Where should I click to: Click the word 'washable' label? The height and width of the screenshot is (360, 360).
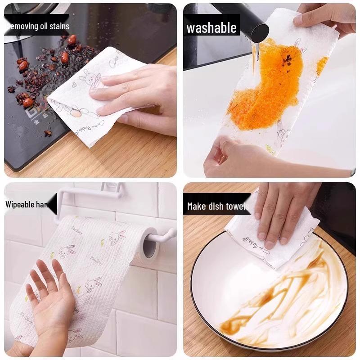211,28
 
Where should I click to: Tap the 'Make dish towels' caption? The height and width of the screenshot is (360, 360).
217,206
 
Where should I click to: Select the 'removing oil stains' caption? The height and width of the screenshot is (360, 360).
38,26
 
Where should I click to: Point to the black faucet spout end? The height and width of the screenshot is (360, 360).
260,33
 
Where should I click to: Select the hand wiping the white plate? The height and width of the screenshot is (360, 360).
279,211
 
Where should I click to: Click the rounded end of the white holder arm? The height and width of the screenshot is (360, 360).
171,233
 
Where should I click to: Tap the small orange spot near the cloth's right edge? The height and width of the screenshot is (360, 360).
321,65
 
